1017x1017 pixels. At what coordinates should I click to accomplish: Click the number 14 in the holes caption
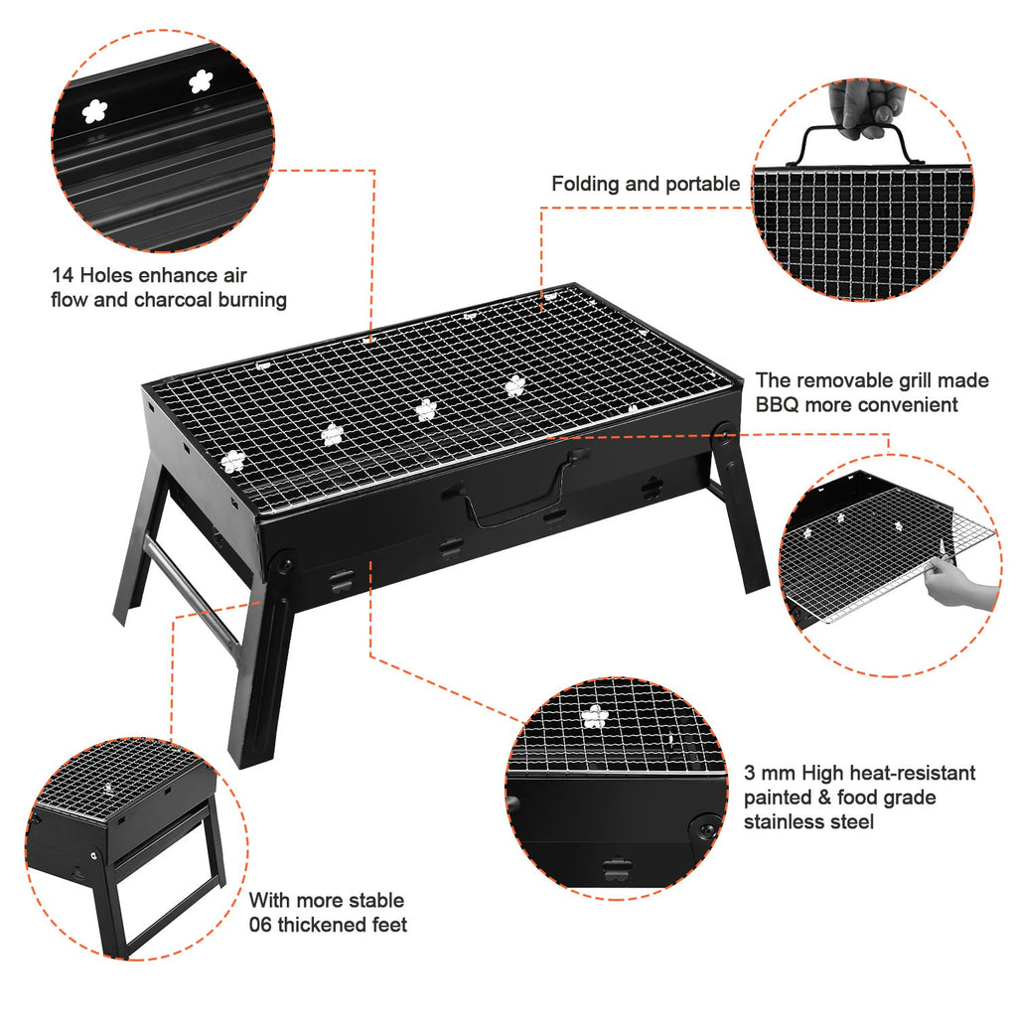[x=63, y=275]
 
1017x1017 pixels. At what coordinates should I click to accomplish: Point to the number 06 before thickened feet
[x=261, y=926]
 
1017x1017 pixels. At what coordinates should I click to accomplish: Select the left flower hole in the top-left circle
[x=94, y=112]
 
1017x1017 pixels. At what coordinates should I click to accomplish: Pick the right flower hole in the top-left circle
[x=201, y=81]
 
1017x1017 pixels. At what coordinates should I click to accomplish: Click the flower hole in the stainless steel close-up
[x=595, y=716]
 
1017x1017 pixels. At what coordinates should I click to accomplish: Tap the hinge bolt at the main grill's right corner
[x=723, y=434]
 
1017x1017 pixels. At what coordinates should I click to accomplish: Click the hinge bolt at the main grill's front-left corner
[x=285, y=564]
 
